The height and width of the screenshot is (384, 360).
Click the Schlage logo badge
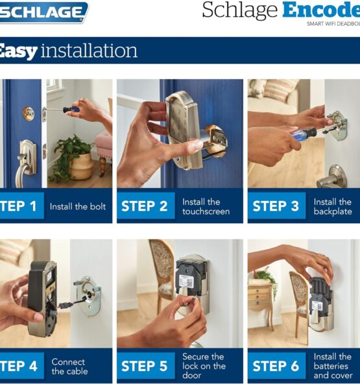(43, 12)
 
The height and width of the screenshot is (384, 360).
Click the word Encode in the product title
(321, 10)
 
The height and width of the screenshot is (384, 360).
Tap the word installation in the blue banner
(89, 51)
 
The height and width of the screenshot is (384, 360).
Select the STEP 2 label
(145, 206)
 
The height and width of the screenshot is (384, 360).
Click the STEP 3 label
(276, 206)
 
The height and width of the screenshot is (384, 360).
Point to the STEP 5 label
(145, 366)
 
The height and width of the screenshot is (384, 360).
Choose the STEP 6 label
(276, 366)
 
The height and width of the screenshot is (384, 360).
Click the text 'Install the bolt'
(78, 206)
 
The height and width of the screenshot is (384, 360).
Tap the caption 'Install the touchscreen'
(206, 207)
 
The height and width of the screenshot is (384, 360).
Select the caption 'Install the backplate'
(333, 207)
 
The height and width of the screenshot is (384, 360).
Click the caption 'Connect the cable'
(69, 366)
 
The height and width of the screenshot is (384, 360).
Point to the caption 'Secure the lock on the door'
(204, 366)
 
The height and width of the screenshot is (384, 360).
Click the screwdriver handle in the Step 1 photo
(69, 110)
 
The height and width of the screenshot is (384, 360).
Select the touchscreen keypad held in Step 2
(183, 130)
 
